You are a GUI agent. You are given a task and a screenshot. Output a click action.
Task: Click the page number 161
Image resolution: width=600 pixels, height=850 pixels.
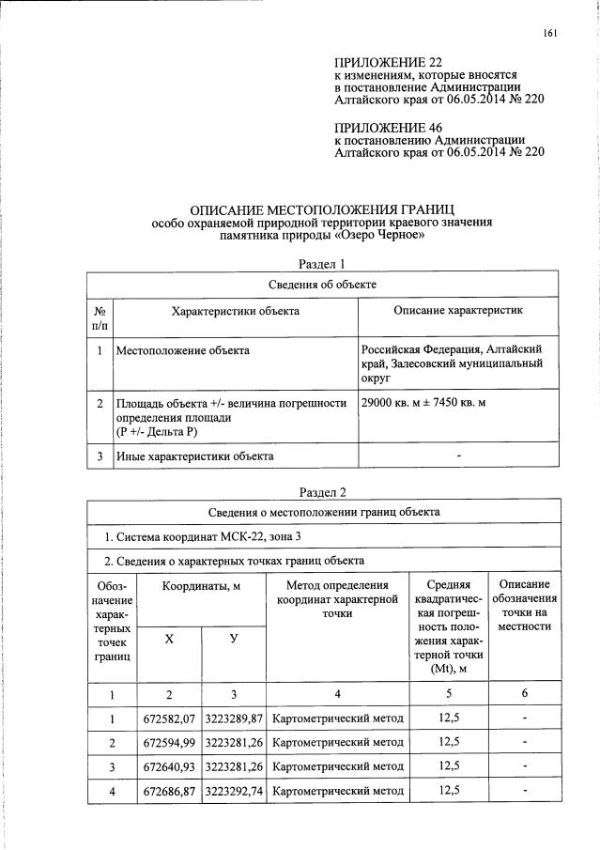tap(550, 35)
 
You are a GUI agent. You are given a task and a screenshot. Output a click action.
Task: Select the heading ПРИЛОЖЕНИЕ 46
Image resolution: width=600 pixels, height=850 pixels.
tap(388, 127)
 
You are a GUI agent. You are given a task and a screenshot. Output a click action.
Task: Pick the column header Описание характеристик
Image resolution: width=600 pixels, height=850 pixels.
tap(457, 310)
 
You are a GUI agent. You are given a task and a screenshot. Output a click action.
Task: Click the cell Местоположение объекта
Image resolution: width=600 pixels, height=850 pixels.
tap(182, 350)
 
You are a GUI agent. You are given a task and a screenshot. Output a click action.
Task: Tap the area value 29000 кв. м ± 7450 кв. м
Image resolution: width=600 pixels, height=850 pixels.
tap(428, 402)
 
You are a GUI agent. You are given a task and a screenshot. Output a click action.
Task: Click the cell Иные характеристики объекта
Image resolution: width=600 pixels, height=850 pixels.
tap(194, 456)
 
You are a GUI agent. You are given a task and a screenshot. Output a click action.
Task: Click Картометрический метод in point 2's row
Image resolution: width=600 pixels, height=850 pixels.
tap(338, 743)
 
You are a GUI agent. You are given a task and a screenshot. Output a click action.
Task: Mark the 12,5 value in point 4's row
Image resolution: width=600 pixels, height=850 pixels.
tap(449, 790)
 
